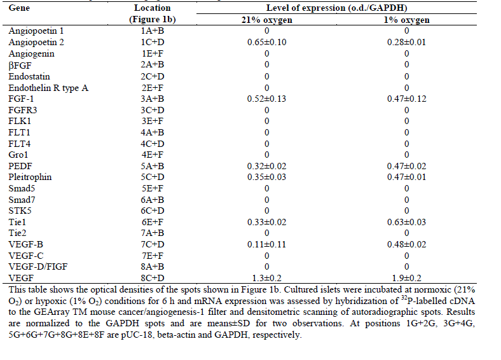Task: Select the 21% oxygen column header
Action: [x=266, y=20]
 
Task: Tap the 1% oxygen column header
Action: [x=406, y=20]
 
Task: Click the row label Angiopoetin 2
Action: [x=36, y=42]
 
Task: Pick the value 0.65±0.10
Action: [x=266, y=42]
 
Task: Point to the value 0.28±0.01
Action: [x=406, y=42]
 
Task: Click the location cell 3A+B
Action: [x=152, y=99]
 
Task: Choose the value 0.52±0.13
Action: [x=266, y=99]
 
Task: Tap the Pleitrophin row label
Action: [x=30, y=177]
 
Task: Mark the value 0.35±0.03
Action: [x=266, y=177]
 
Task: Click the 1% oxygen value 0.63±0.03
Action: [x=406, y=222]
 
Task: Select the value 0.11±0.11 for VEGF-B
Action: [x=266, y=244]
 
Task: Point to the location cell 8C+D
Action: [x=152, y=278]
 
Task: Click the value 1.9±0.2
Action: [x=406, y=278]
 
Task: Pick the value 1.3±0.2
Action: [x=266, y=278]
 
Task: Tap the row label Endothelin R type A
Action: [x=48, y=87]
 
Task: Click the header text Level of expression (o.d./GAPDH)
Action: [x=337, y=8]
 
